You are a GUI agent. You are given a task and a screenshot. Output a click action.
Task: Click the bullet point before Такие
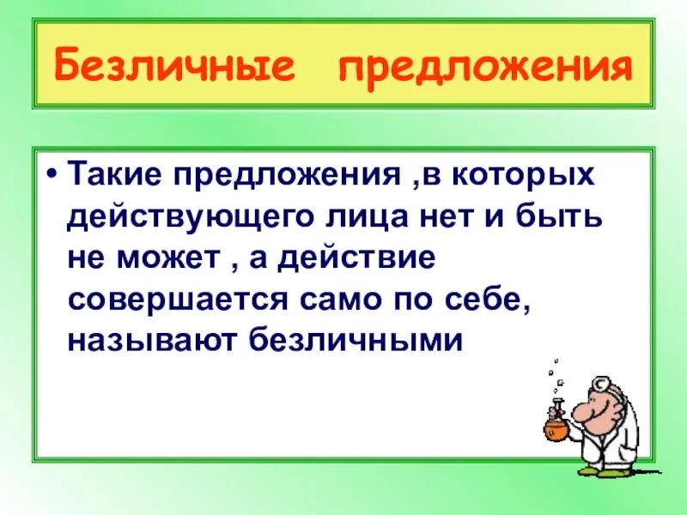(54, 176)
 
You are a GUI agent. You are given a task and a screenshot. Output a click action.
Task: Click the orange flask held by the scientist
(555, 421)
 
